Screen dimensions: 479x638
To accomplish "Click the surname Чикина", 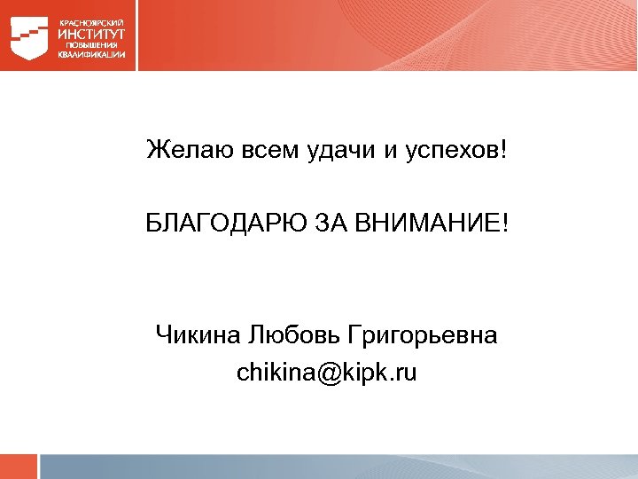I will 195,335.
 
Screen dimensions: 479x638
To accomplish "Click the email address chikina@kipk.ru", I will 326,373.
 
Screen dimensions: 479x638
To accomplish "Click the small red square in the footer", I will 19,467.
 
